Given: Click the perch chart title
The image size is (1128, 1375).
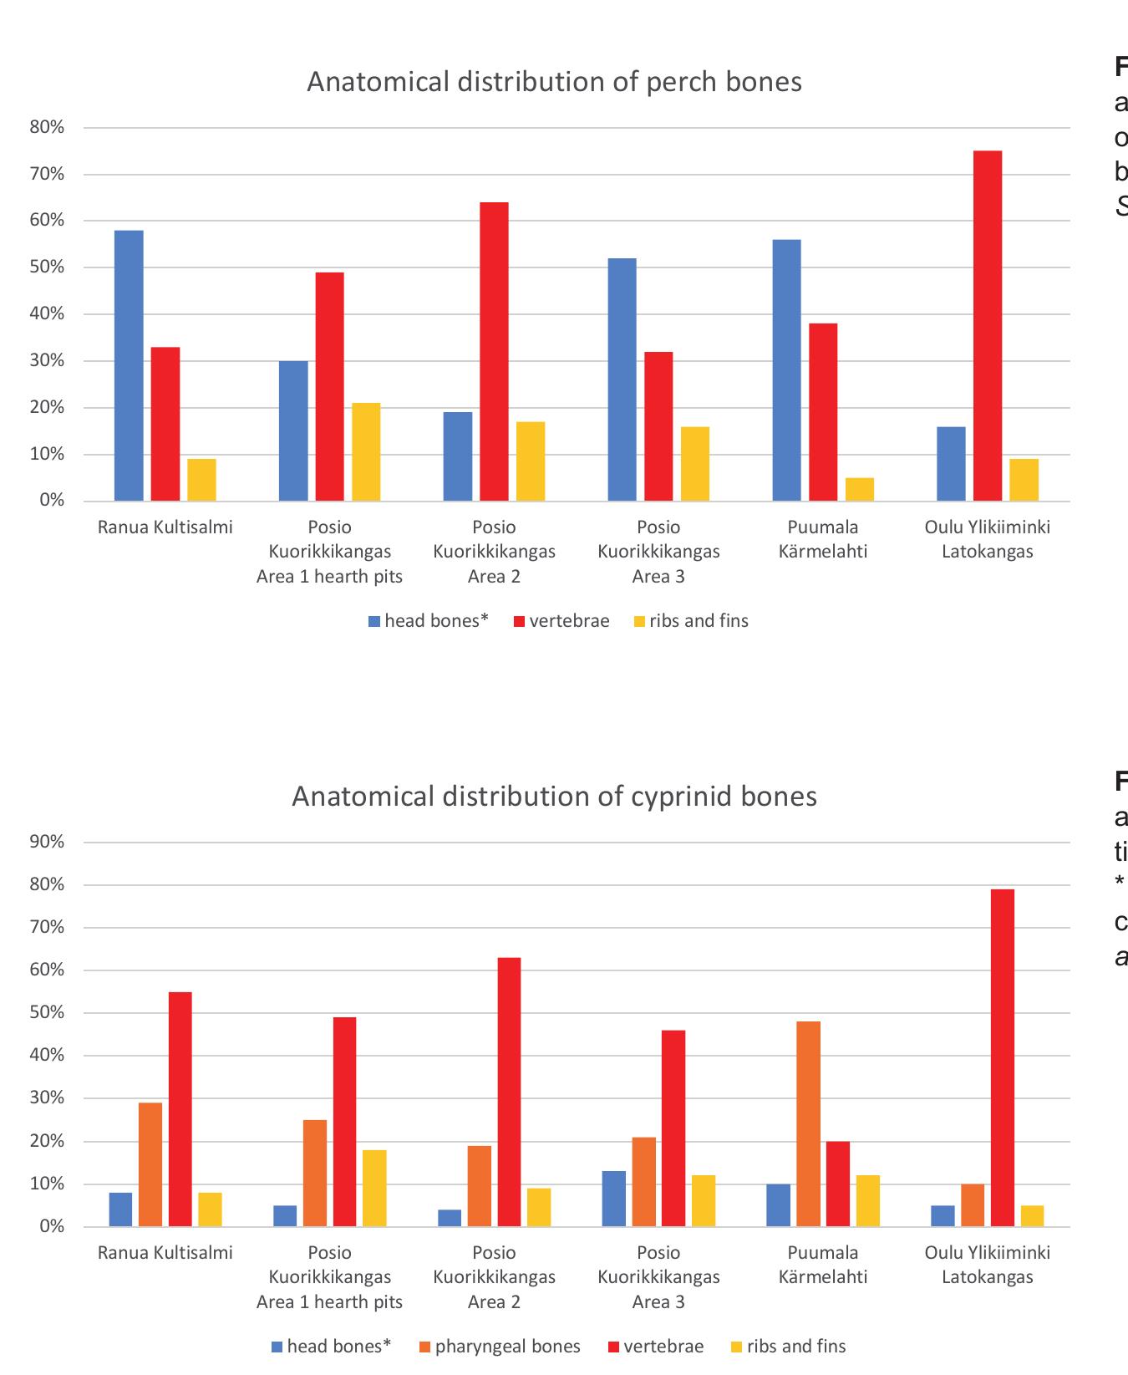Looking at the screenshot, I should (x=554, y=82).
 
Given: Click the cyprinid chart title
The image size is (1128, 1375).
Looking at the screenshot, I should (x=554, y=796).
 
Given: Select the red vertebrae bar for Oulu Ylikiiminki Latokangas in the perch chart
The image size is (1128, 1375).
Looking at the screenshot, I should (x=988, y=326).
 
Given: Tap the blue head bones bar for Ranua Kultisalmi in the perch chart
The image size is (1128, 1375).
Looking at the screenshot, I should (x=129, y=365).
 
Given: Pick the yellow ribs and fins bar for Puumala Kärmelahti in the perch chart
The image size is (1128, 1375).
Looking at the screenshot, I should (x=860, y=490).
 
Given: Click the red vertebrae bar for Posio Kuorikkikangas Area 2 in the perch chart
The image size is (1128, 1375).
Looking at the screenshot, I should (x=494, y=351).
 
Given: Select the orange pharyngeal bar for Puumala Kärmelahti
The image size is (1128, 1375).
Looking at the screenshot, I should (x=808, y=1123).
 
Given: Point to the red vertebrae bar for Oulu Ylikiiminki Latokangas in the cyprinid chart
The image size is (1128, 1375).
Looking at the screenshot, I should (x=1003, y=1057).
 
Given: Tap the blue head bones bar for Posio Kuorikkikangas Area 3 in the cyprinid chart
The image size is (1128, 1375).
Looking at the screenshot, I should (x=614, y=1199).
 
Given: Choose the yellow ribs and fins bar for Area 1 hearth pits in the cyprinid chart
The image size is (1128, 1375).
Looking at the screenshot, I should (x=374, y=1188).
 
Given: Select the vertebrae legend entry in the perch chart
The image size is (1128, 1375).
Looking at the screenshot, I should (x=561, y=621).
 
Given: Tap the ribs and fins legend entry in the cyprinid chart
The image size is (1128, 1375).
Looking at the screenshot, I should (x=788, y=1346).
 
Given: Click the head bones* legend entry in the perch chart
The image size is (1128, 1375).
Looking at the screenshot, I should (x=428, y=621).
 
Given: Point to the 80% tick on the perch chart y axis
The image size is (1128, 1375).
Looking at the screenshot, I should (x=47, y=128).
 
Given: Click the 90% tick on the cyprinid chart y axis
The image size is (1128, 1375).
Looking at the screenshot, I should (x=47, y=842).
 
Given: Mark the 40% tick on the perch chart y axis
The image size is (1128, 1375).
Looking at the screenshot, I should (x=47, y=314).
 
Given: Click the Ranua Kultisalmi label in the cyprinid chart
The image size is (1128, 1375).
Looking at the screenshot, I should (x=165, y=1252).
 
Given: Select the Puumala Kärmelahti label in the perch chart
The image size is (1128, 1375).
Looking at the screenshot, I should (x=823, y=539).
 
